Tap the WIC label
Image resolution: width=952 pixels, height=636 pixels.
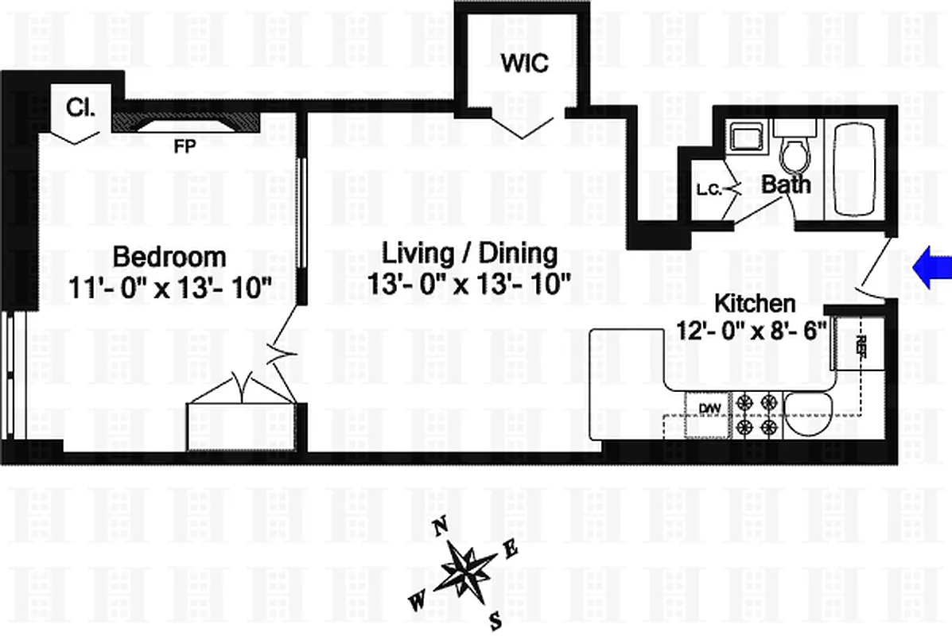(x=524, y=64)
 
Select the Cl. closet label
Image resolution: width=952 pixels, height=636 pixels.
(x=80, y=107)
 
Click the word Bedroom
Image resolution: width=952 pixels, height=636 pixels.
(x=169, y=258)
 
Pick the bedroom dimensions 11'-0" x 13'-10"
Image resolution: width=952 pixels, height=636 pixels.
(x=169, y=286)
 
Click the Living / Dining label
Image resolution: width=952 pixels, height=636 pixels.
(x=469, y=254)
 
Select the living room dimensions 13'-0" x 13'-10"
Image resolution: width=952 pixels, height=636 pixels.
(x=469, y=282)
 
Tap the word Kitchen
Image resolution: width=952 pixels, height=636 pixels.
(x=754, y=303)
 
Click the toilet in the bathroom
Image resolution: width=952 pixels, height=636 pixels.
(x=793, y=151)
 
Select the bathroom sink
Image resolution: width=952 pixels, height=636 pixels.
(x=745, y=137)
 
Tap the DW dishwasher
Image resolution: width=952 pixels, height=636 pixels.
(x=709, y=408)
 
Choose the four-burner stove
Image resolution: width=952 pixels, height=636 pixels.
(x=758, y=416)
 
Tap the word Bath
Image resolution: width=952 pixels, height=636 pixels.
(x=787, y=185)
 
